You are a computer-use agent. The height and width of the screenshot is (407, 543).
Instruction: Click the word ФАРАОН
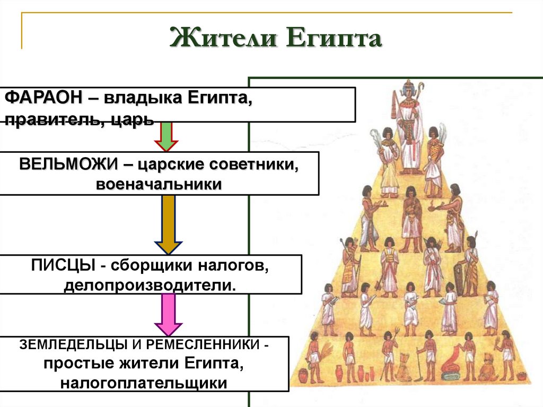tap(43, 98)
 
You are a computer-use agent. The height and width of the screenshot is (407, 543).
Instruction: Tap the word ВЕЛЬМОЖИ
tap(68, 163)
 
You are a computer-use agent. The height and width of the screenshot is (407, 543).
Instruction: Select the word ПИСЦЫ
tap(63, 265)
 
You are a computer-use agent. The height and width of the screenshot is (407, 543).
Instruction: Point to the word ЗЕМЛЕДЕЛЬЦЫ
tap(74, 344)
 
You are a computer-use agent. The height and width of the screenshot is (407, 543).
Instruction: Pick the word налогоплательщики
tap(144, 383)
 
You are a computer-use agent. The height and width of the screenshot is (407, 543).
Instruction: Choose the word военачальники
tap(159, 184)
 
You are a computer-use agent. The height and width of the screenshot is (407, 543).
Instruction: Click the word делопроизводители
tap(150, 285)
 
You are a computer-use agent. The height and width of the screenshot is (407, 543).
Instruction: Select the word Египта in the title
tap(334, 38)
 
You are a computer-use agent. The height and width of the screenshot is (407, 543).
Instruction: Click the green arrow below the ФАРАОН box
tap(166, 136)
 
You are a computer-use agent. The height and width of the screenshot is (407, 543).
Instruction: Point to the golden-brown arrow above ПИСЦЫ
tap(168, 224)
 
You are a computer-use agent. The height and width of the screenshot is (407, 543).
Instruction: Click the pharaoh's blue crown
tap(408, 91)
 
